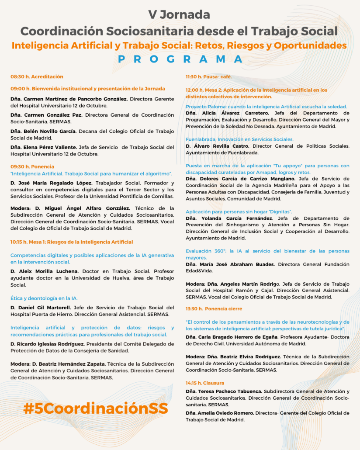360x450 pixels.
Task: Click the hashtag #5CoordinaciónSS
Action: [x=96, y=408]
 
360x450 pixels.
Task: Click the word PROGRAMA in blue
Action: [x=180, y=59]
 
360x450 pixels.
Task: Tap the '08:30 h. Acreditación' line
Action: [x=37, y=76]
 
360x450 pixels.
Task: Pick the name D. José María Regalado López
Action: [x=51, y=183]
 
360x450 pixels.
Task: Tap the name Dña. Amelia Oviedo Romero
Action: [x=220, y=413]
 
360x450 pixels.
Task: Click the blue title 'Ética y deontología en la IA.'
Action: [x=44, y=298]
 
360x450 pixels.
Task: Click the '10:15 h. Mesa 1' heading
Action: [x=72, y=242]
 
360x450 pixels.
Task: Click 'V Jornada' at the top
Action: [x=179, y=14]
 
